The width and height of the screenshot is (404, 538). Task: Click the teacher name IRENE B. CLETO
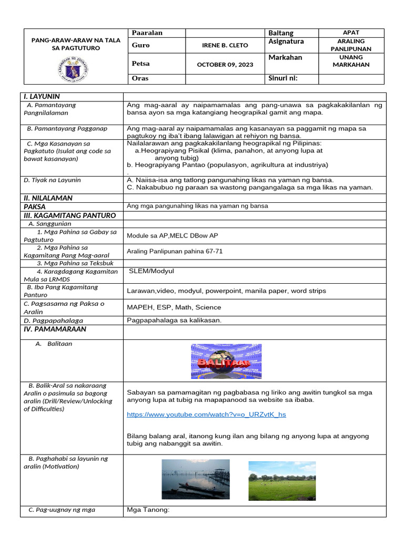click(225, 45)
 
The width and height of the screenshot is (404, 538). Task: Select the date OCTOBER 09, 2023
click(225, 65)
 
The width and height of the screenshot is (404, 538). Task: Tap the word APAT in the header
click(351, 33)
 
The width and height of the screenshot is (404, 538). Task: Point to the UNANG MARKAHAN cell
click(351, 61)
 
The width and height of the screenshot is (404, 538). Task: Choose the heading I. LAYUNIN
click(42, 97)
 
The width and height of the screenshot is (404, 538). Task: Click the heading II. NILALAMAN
click(48, 198)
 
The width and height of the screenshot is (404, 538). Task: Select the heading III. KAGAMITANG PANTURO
click(69, 215)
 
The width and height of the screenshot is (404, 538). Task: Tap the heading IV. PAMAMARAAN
click(55, 329)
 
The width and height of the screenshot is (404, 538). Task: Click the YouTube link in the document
click(206, 415)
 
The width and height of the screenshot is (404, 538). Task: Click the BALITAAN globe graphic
click(226, 362)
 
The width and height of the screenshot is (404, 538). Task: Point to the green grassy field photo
click(282, 481)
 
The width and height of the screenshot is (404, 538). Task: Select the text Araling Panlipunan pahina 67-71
click(175, 251)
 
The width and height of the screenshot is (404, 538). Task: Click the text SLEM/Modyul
click(151, 271)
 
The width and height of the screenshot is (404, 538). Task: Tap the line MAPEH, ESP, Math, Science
click(174, 307)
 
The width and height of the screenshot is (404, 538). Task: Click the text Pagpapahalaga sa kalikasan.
click(174, 320)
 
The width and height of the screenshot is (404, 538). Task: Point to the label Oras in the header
click(140, 79)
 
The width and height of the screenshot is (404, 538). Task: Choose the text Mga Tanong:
click(148, 510)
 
